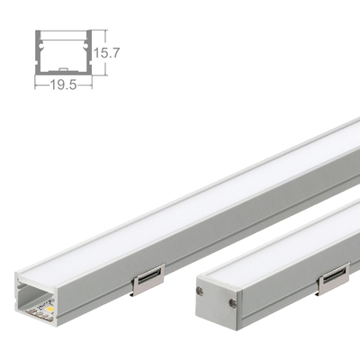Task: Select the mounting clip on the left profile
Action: pyautogui.click(x=148, y=281)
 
